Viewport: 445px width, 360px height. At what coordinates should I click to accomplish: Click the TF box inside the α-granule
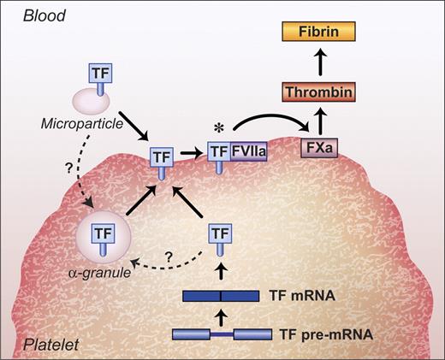click(x=104, y=233)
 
